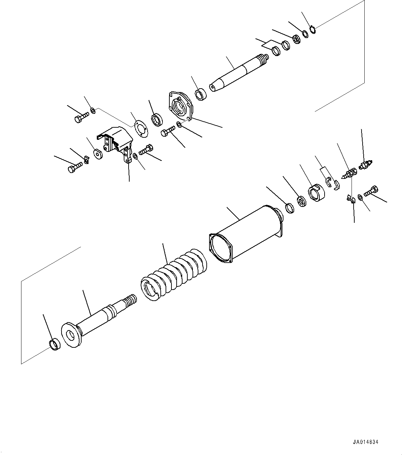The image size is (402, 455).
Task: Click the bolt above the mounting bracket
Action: pos(81,117)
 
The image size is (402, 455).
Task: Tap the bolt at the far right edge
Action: pos(371,190)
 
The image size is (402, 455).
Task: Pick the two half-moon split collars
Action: pos(333,183)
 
